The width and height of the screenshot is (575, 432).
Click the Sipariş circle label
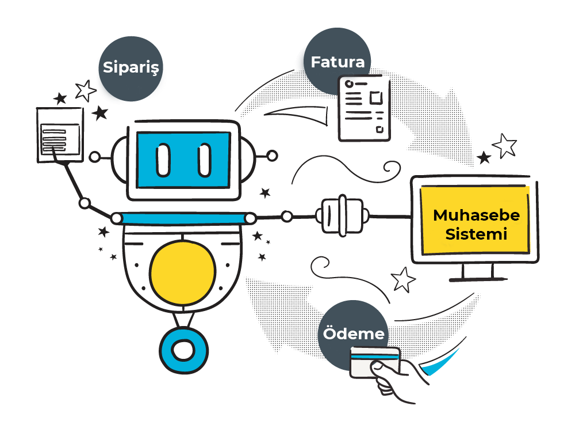[131, 69]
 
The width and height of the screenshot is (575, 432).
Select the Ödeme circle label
[354, 334]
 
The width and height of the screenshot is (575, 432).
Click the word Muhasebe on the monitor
[476, 215]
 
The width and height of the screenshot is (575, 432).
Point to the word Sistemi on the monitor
[476, 234]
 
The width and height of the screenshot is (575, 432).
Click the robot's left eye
[163, 160]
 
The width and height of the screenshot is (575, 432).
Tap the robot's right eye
[205, 160]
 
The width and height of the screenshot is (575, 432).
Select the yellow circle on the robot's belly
[182, 272]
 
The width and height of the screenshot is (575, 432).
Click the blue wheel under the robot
[184, 350]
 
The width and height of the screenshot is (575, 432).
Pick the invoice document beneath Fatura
[364, 109]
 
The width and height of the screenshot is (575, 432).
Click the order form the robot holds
[60, 135]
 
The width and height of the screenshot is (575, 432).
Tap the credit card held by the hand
[375, 362]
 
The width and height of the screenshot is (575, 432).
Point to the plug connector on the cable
[343, 216]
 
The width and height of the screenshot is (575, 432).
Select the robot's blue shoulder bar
[183, 218]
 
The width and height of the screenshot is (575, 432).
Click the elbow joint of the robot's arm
[85, 203]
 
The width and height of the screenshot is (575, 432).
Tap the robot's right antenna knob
[272, 156]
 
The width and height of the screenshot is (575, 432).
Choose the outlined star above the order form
[86, 90]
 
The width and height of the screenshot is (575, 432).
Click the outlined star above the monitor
[505, 146]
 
